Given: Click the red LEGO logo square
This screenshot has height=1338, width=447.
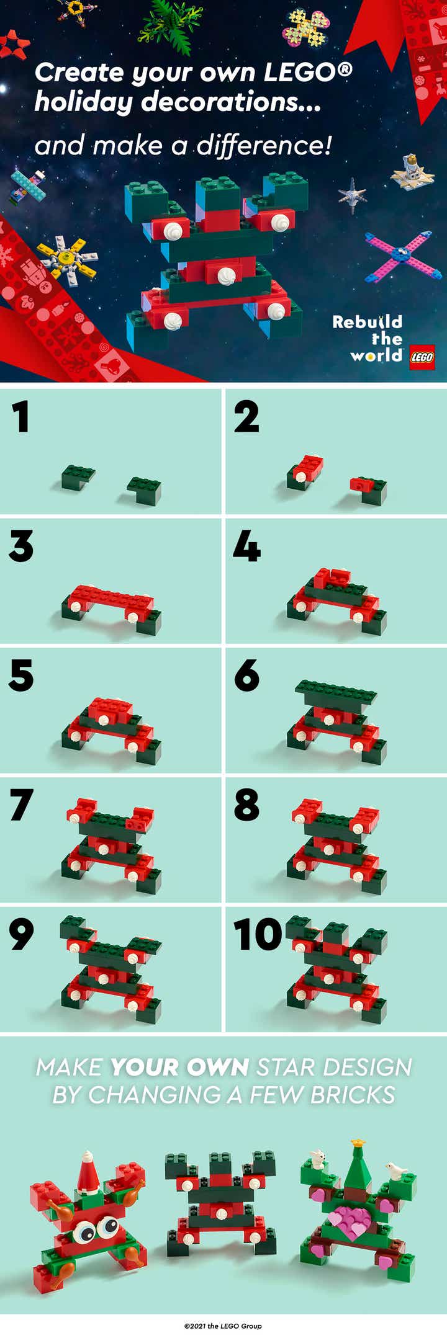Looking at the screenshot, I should (x=422, y=357).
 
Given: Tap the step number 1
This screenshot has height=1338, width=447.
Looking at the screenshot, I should (x=22, y=417).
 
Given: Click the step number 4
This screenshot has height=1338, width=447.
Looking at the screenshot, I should (x=246, y=547).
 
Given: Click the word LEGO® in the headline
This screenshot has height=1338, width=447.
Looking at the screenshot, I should (x=308, y=72).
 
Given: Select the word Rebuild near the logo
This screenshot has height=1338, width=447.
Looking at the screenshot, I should (x=367, y=322).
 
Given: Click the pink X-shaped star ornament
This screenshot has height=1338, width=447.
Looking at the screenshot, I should (x=403, y=256).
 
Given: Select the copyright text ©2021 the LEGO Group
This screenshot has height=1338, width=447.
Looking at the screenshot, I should (x=223, y=1326).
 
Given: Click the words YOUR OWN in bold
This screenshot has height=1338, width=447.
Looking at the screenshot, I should (x=179, y=1067).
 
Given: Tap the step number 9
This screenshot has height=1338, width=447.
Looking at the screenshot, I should (x=21, y=934).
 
